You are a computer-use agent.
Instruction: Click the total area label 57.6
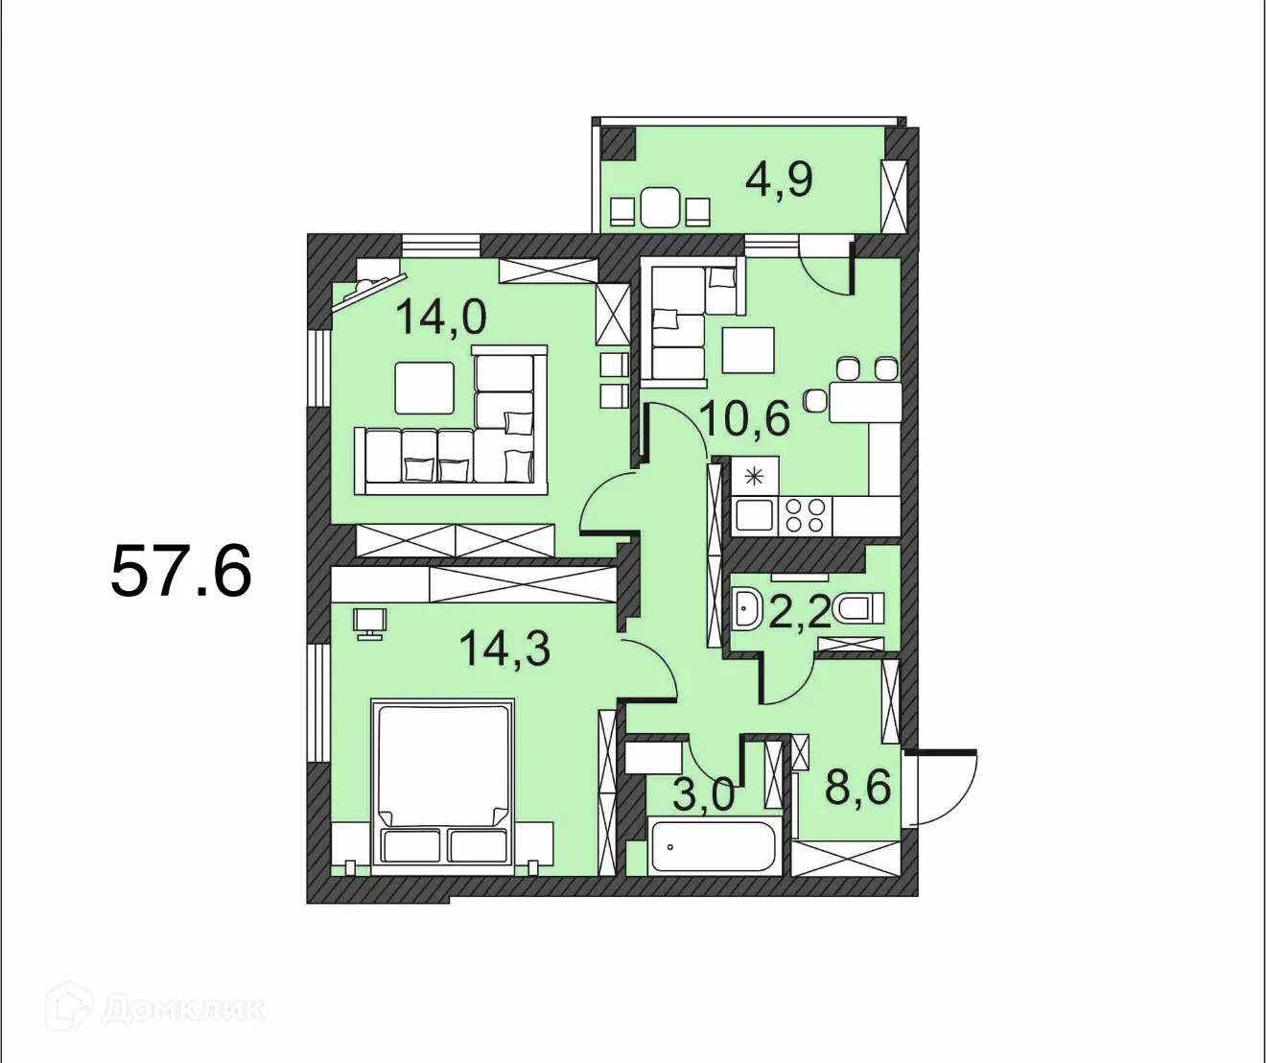[x=181, y=571]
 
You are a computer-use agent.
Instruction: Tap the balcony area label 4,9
[x=779, y=179]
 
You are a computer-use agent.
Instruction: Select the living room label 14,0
[x=441, y=317]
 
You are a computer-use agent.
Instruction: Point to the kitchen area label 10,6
[x=744, y=418]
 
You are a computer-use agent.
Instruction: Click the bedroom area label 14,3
[x=504, y=649]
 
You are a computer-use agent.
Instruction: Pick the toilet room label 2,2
[x=799, y=611]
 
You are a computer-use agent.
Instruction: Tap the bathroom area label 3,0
[x=703, y=794]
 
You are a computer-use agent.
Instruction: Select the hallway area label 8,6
[x=857, y=788]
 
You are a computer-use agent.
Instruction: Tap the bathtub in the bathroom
[x=712, y=846]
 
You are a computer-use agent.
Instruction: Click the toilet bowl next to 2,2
[x=858, y=608]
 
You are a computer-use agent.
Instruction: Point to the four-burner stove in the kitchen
[x=806, y=516]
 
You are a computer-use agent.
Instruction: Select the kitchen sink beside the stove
[x=755, y=516]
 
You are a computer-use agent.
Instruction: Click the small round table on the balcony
[x=660, y=207]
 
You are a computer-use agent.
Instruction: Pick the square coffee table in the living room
[x=424, y=388]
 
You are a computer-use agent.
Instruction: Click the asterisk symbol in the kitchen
[x=755, y=476]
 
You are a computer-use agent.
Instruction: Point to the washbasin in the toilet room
[x=746, y=608]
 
